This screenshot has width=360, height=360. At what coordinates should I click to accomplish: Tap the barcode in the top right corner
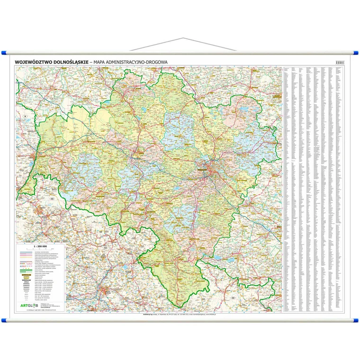(339, 62)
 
